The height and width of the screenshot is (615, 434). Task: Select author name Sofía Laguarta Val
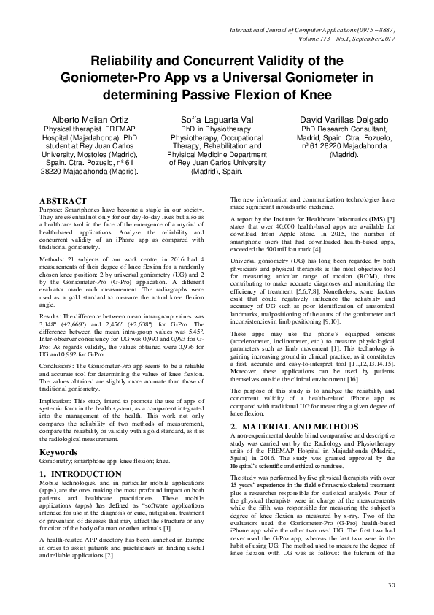pos(217,119)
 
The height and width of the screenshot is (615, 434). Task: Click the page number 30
pos(391,584)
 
